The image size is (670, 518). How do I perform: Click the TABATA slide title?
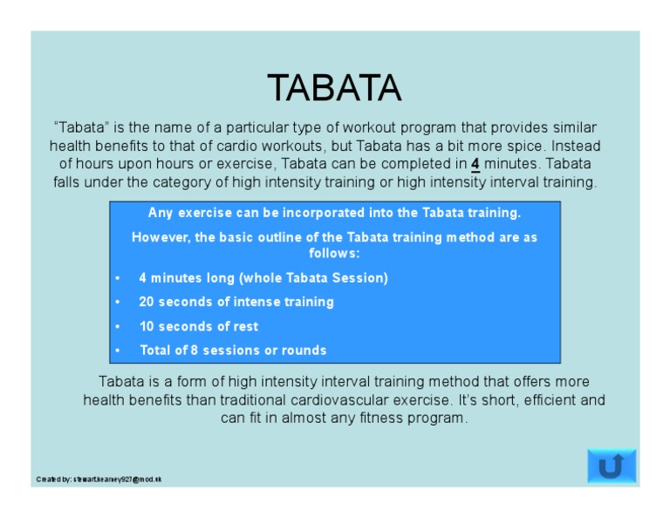point(334,88)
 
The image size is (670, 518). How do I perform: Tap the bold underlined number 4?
point(475,163)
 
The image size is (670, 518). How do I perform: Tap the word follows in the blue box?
point(333,253)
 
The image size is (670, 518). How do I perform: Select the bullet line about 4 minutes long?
point(263,277)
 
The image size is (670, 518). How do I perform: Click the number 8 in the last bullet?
point(195,350)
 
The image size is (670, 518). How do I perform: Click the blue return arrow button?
point(612,467)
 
